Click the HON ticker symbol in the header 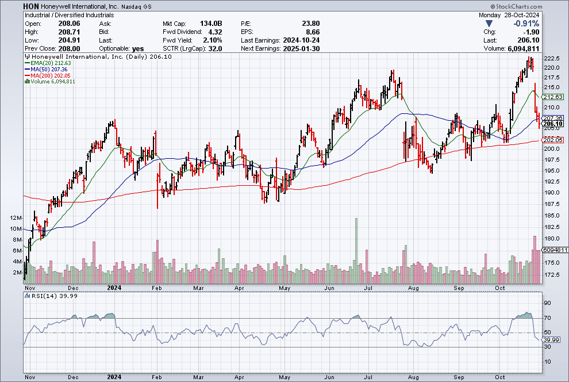31,6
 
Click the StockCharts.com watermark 516,6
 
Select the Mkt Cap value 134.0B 211,24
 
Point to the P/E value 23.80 310,24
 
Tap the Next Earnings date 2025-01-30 301,49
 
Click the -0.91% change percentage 526,24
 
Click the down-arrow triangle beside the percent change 489,24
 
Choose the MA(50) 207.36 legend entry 46,70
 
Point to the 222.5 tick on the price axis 552,59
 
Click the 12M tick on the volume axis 16,218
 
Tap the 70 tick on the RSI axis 547,318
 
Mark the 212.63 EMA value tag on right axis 553,97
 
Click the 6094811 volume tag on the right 555,250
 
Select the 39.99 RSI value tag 551,340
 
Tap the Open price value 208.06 69,24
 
